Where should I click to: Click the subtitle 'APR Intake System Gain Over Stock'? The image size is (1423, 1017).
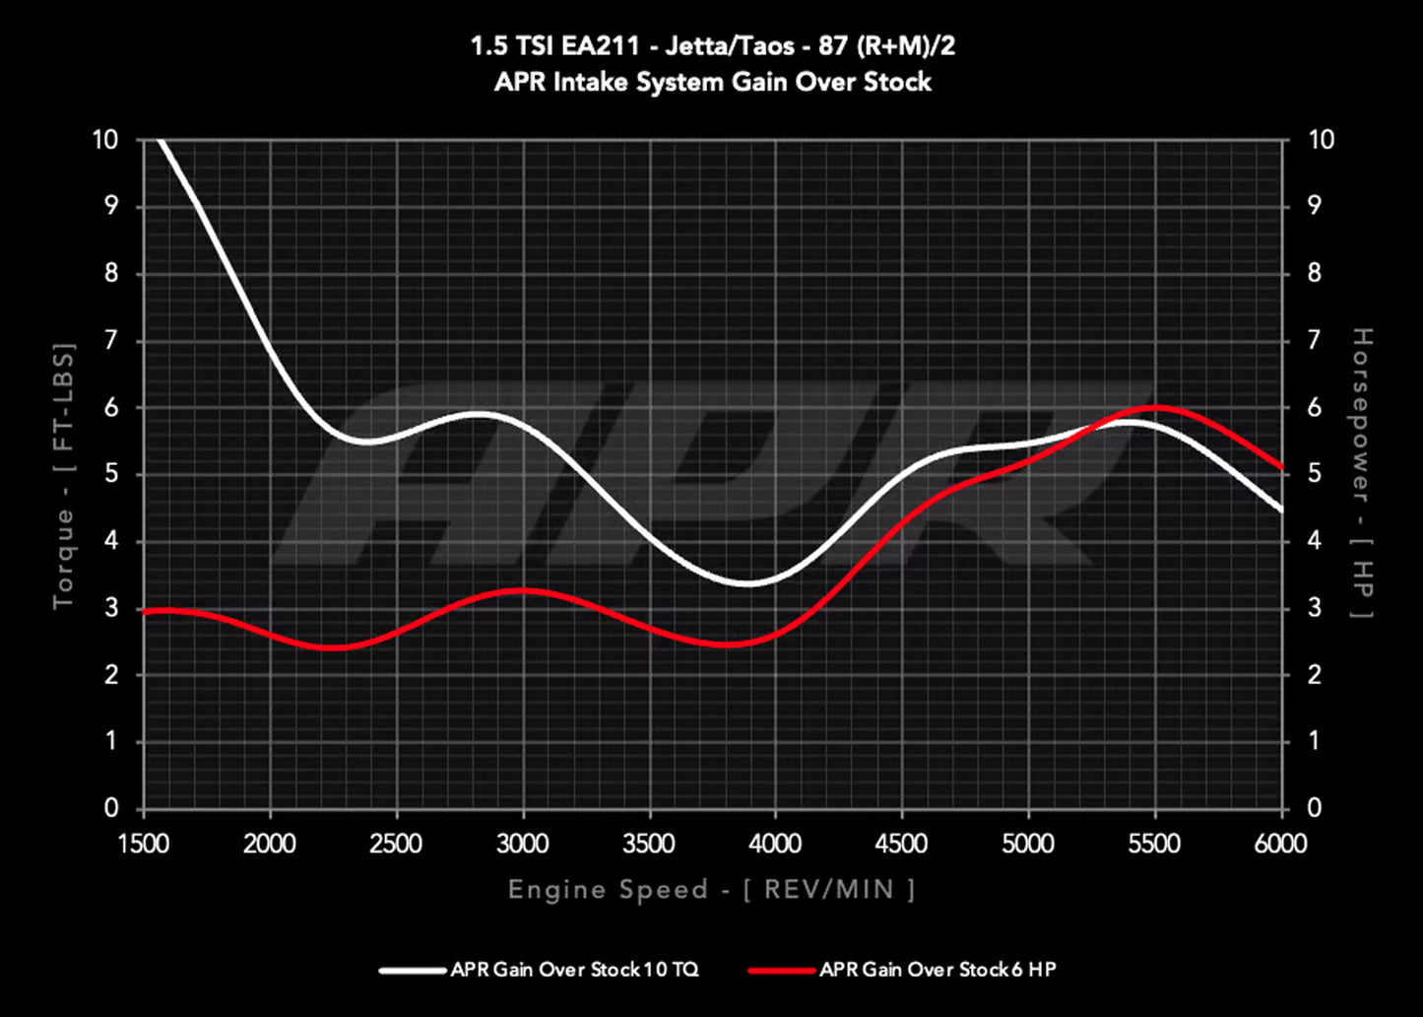pyautogui.click(x=712, y=81)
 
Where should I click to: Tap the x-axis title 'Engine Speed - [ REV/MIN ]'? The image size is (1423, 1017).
pyautogui.click(x=712, y=890)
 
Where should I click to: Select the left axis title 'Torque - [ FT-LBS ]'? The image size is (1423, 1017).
pyautogui.click(x=64, y=475)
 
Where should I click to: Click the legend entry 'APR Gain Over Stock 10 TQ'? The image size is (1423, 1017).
pyautogui.click(x=574, y=970)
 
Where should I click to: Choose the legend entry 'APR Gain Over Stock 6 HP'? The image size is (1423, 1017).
pyautogui.click(x=938, y=970)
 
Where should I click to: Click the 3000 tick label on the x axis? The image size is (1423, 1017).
pyautogui.click(x=523, y=844)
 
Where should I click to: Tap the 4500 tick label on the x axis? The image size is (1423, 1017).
pyautogui.click(x=902, y=844)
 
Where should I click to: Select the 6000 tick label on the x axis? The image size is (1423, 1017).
pyautogui.click(x=1281, y=844)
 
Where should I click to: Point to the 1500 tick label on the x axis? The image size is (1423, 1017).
pyautogui.click(x=144, y=844)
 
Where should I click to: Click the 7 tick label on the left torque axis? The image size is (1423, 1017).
pyautogui.click(x=111, y=341)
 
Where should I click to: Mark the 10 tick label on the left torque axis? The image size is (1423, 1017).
pyautogui.click(x=104, y=140)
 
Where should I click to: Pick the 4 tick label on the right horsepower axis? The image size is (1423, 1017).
pyautogui.click(x=1314, y=541)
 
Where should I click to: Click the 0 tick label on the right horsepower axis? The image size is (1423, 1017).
pyautogui.click(x=1314, y=809)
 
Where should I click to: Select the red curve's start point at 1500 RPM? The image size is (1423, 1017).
pyautogui.click(x=146, y=612)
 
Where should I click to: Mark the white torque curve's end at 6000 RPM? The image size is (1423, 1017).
pyautogui.click(x=1280, y=509)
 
